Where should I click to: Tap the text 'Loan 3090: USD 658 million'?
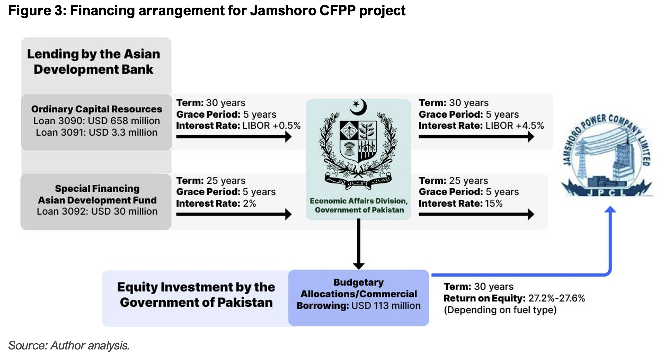point(97,121)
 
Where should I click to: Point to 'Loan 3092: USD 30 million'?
point(97,211)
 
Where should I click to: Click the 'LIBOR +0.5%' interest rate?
point(271,126)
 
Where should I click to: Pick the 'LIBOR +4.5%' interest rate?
point(514,126)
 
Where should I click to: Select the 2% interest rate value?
point(249,203)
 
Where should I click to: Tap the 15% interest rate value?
point(494,203)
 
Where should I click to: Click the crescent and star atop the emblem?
point(359,107)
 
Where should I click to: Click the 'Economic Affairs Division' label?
point(359,201)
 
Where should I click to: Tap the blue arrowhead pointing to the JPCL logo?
point(610,210)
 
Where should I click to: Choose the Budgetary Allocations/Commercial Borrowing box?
point(359,297)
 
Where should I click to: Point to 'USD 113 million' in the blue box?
point(386,306)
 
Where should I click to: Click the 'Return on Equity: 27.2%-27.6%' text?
point(514,298)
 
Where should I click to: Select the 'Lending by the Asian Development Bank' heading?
point(94,62)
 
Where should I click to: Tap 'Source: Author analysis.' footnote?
point(69,346)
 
